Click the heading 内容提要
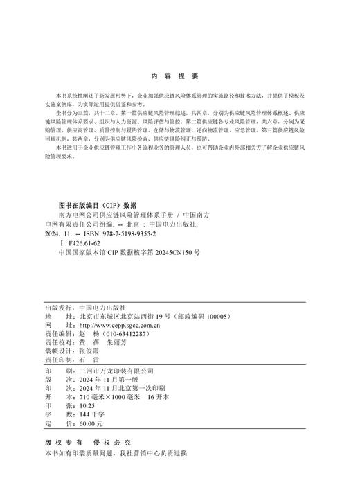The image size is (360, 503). point(174,76)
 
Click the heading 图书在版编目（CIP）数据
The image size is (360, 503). point(98,205)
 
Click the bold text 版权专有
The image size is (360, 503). point(63,442)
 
